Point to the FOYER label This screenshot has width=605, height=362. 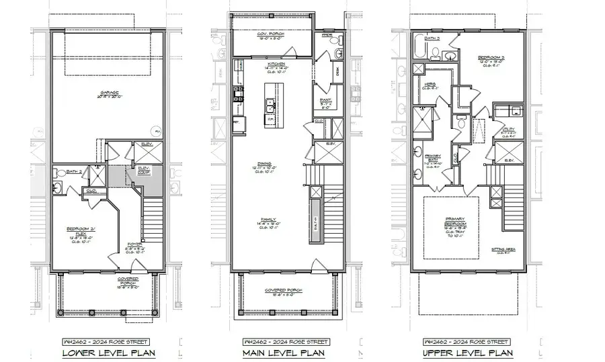pyautogui.click(x=134, y=244)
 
